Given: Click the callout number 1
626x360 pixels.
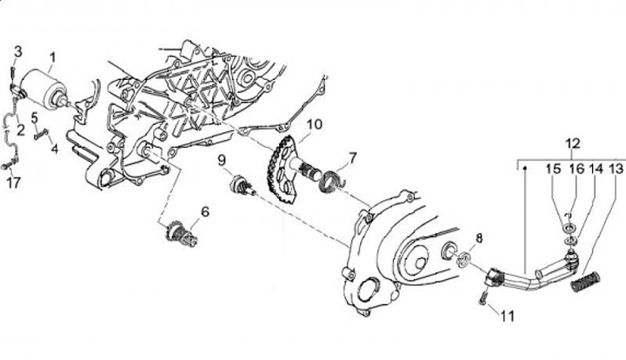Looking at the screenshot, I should click(x=51, y=60).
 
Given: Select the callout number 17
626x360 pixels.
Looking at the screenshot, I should click(x=12, y=183).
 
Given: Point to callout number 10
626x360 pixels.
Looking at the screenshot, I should click(x=313, y=124).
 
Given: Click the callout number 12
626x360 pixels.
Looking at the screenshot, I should click(x=572, y=143).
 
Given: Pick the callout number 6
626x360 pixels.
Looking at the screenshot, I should click(x=205, y=211).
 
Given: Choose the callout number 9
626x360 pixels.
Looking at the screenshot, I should click(x=222, y=160).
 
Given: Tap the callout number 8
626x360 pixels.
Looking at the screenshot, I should click(x=478, y=237).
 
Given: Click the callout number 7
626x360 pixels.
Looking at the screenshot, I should click(x=353, y=158).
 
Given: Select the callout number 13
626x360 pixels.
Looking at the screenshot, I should click(x=616, y=168).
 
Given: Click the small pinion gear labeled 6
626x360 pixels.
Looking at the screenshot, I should click(x=178, y=231).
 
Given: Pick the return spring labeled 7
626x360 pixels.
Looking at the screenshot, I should click(x=330, y=180).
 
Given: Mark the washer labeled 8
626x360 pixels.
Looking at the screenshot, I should click(x=465, y=257).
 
